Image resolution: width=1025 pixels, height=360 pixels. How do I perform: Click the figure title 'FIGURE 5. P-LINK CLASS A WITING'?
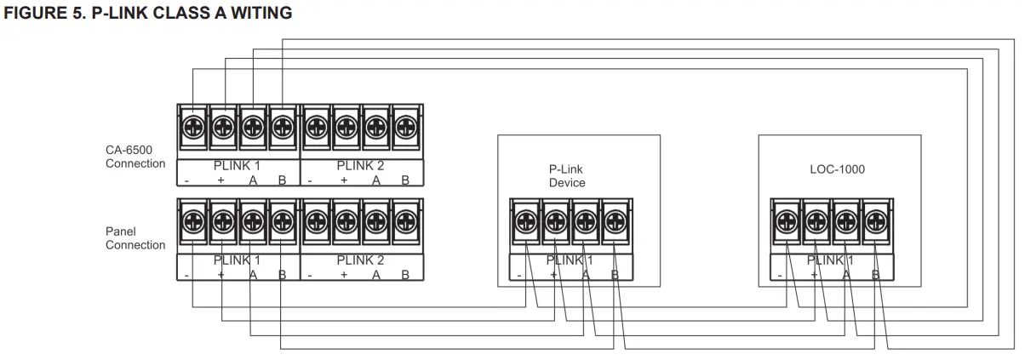[x=148, y=13]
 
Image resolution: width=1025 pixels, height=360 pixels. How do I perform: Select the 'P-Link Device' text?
[x=567, y=176]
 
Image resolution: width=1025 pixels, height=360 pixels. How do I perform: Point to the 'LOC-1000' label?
[x=837, y=169]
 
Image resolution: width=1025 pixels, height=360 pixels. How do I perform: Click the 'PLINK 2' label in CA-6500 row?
[x=360, y=166]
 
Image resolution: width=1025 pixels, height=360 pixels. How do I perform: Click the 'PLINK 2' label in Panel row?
[x=360, y=260]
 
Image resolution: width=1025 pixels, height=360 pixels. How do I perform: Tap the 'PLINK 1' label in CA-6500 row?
[x=237, y=166]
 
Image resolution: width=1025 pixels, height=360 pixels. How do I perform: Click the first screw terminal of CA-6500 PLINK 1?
[x=194, y=128]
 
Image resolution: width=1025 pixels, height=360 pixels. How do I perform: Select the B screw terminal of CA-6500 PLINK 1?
[x=281, y=128]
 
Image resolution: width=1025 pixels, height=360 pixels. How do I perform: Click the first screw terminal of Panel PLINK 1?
[x=194, y=221]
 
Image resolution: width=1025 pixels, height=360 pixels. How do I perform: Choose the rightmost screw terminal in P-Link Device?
[x=613, y=221]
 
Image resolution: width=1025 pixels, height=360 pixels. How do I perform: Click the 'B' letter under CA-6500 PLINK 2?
[x=405, y=180]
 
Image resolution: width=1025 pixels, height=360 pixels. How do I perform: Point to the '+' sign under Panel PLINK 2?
[x=344, y=275]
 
